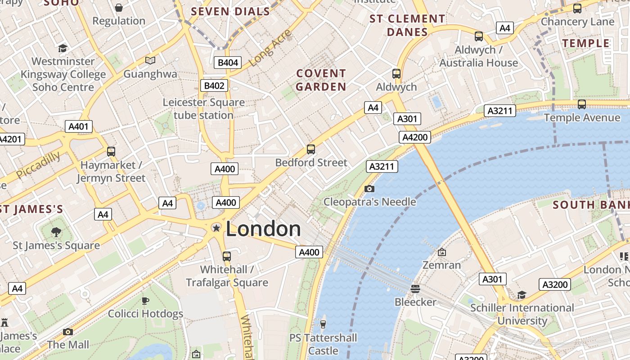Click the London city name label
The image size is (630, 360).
263,229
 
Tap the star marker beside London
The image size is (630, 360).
216,228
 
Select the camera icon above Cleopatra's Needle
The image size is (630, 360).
369,189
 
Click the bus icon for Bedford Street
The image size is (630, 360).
310,149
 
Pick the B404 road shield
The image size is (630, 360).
228,63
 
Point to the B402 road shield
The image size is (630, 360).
214,85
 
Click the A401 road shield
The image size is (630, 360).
78,126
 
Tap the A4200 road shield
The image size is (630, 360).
414,137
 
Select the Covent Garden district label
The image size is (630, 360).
321,80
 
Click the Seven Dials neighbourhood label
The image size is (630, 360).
231,12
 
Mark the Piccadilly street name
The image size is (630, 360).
38,165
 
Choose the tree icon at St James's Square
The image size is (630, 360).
56,232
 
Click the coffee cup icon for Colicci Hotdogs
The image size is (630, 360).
145,300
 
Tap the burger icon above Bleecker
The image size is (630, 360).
415,288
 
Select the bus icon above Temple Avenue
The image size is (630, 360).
581,104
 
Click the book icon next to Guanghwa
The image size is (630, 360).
150,60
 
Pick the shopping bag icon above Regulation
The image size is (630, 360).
119,8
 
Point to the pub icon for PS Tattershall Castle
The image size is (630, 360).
323,324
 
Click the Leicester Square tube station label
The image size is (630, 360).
204,108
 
